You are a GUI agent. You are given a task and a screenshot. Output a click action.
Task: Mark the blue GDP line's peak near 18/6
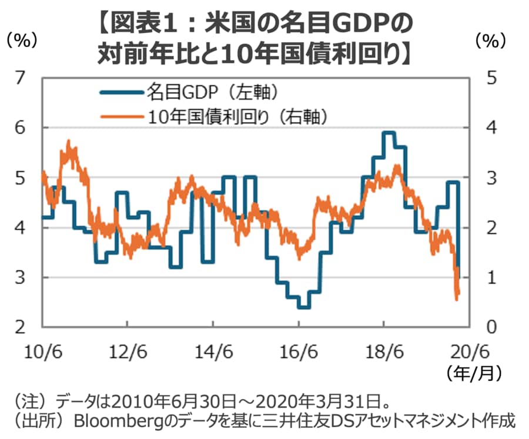(x=387, y=133)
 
